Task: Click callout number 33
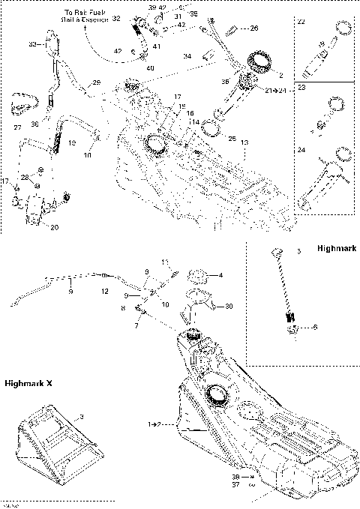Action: pos(32,45)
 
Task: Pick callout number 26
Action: pos(253,28)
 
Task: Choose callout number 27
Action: pos(17,127)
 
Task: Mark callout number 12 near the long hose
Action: pos(104,290)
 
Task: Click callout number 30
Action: pos(229,305)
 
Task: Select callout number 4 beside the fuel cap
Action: pos(219,275)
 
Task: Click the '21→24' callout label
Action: pos(277,90)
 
